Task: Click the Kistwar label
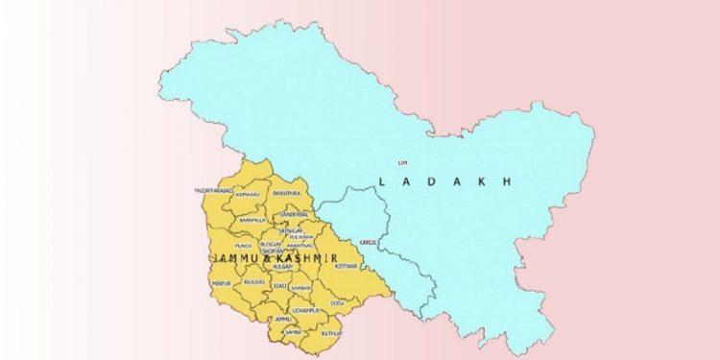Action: click(x=345, y=264)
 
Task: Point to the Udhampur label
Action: click(x=305, y=312)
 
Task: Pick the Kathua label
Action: click(x=331, y=333)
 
